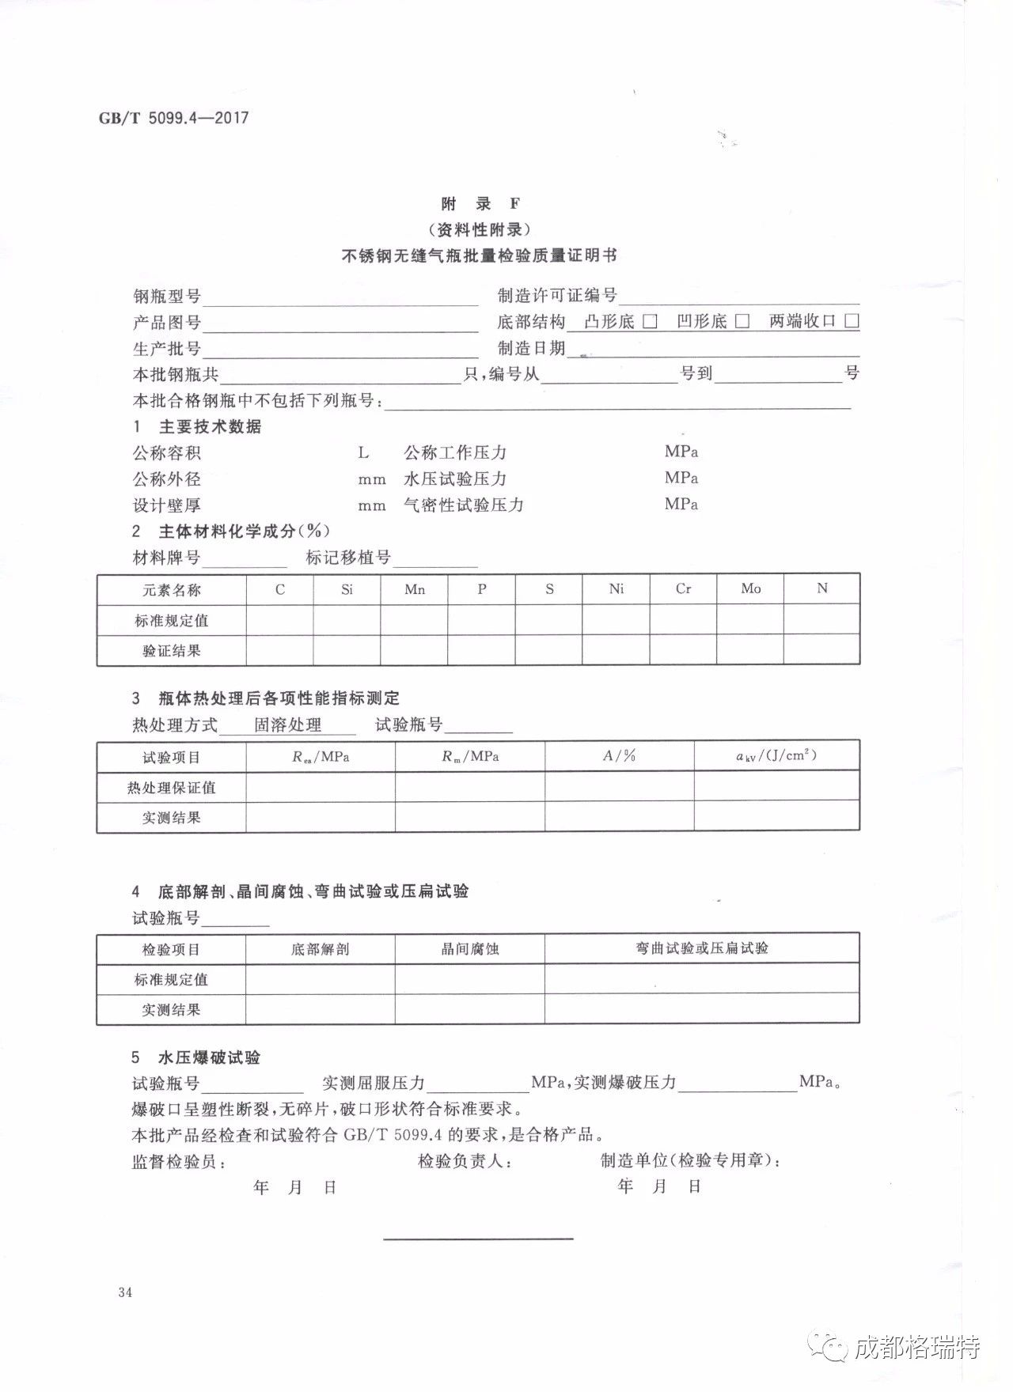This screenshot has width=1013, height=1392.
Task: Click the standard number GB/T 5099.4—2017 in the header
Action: click(x=173, y=118)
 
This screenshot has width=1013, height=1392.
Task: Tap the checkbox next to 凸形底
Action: click(x=650, y=321)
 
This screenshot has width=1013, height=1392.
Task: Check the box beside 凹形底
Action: click(x=742, y=321)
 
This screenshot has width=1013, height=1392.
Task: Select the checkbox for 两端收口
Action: click(x=852, y=321)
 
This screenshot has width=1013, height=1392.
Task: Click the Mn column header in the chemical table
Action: click(x=415, y=589)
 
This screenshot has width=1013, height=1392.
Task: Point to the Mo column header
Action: click(x=750, y=588)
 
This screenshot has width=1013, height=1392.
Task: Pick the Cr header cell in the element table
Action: click(x=683, y=588)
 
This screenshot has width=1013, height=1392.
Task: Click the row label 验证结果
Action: click(x=172, y=651)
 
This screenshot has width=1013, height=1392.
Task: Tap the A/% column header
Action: click(x=619, y=756)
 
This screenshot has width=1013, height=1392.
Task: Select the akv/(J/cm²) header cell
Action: click(x=776, y=756)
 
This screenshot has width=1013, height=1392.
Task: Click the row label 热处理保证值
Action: click(x=172, y=788)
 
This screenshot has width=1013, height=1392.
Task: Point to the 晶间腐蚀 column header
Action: click(x=470, y=949)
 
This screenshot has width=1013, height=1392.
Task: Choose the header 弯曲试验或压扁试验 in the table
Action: click(x=702, y=948)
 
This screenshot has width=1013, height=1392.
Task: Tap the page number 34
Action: click(x=124, y=1292)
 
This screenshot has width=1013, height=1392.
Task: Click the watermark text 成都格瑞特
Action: click(x=916, y=1347)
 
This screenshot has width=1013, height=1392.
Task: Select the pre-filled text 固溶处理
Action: click(x=287, y=725)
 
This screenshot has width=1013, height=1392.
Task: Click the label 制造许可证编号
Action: click(x=557, y=296)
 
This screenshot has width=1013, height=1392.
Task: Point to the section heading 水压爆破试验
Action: click(x=209, y=1057)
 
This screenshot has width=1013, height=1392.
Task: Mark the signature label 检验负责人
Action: click(x=465, y=1161)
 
